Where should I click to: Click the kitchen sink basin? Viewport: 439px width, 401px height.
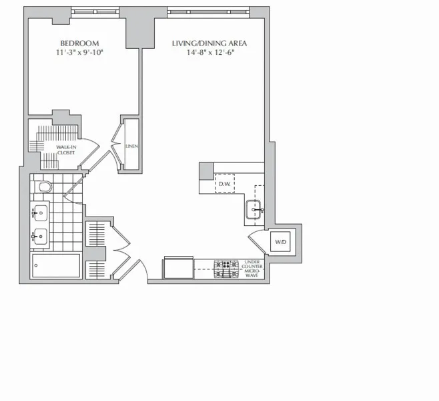click(255, 209)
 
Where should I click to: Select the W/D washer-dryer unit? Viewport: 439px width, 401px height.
click(280, 241)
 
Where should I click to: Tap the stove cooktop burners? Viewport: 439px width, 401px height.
click(226, 269)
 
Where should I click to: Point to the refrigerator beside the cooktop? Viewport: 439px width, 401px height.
click(178, 269)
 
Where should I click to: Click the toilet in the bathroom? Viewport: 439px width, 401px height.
click(43, 186)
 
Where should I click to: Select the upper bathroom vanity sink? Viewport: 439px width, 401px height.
click(40, 213)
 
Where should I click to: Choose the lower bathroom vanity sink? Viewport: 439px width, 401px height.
click(40, 235)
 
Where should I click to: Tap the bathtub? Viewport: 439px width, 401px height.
click(56, 266)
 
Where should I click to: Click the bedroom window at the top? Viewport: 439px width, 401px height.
click(96, 11)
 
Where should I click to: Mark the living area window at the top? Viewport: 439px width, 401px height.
click(209, 11)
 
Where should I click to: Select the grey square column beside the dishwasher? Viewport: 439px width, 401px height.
click(206, 171)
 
